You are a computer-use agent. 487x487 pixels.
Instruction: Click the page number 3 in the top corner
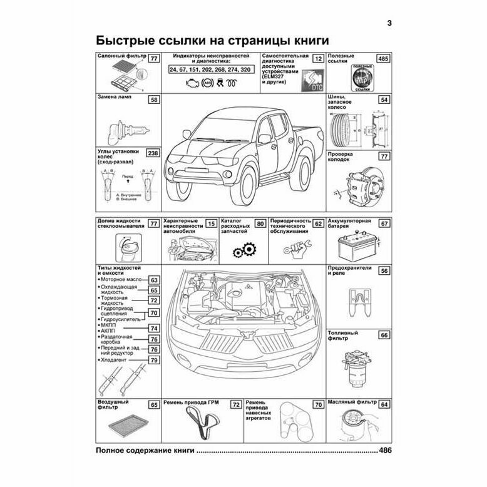click(x=389, y=24)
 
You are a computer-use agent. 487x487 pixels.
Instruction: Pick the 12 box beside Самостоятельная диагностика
click(x=318, y=59)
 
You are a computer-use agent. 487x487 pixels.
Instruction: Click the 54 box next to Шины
click(x=385, y=100)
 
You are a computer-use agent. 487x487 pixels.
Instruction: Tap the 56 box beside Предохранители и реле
click(x=385, y=270)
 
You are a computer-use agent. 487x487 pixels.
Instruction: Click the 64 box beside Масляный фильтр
click(x=385, y=405)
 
